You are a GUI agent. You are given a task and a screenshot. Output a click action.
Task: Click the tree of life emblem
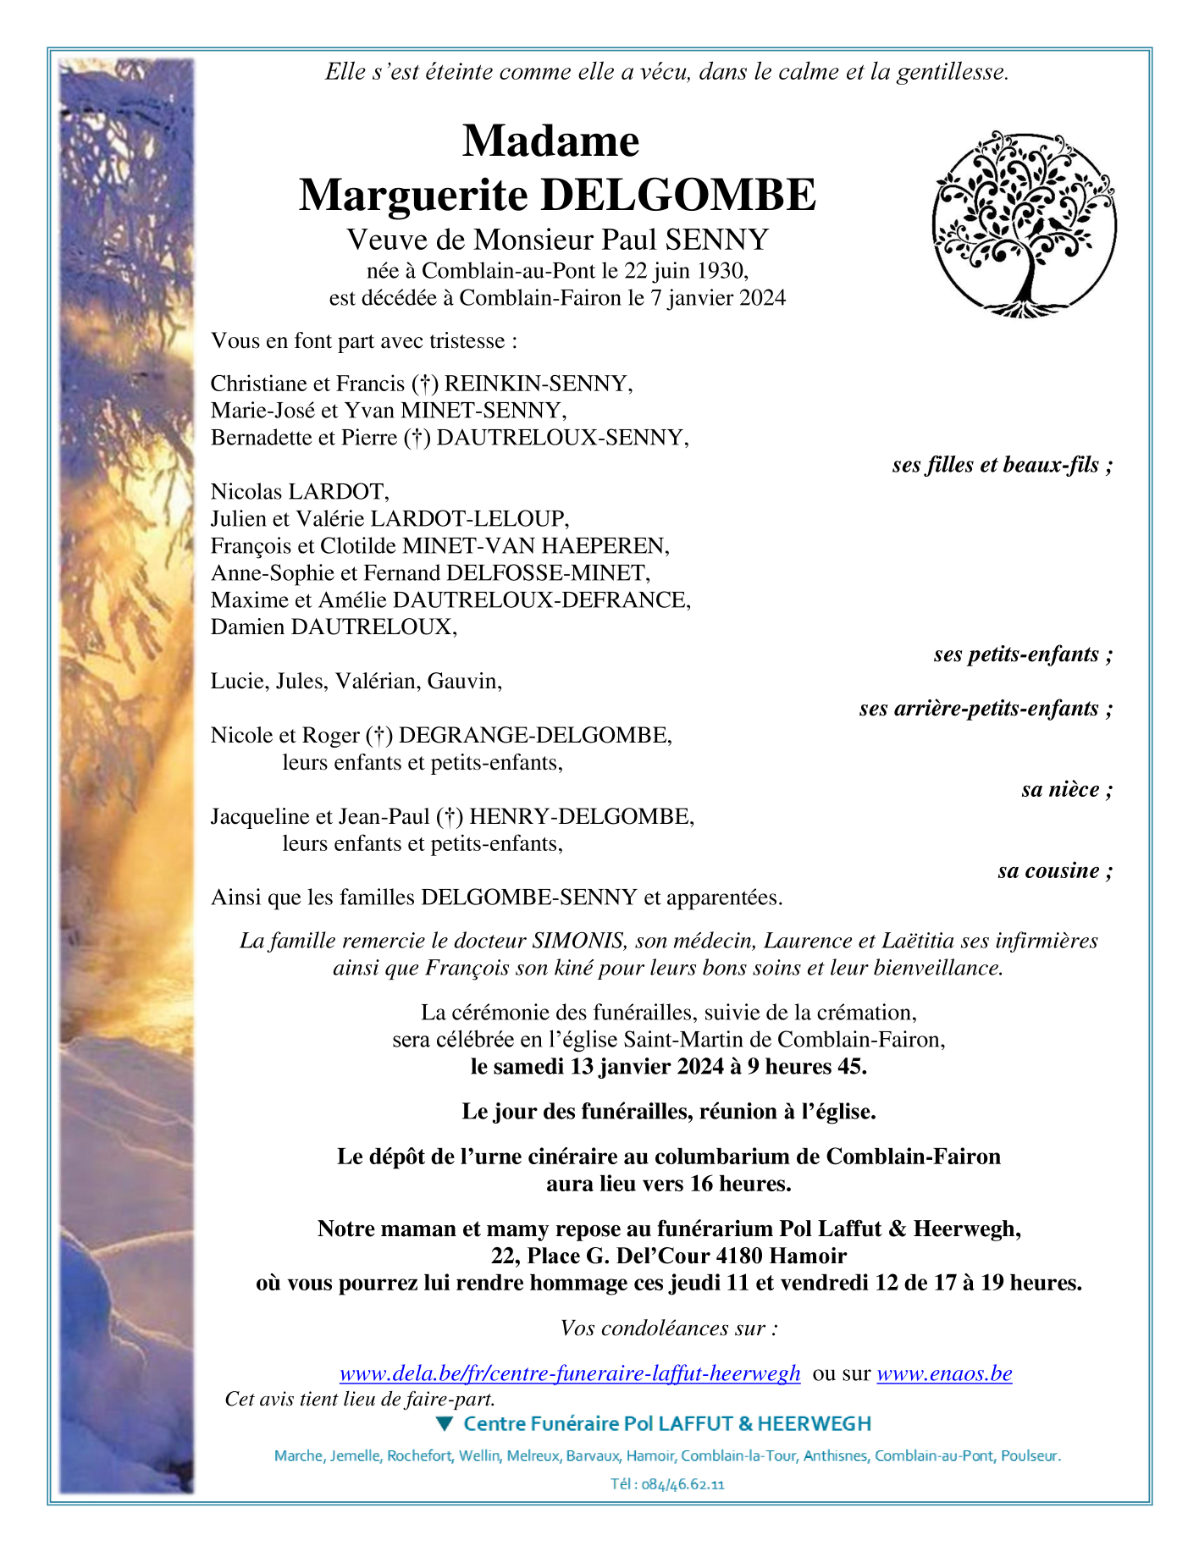1024,224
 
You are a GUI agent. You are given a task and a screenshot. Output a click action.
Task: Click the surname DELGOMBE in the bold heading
678,195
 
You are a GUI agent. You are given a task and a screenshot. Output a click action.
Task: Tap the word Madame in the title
550,141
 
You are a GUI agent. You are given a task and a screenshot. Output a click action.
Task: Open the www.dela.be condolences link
570,1373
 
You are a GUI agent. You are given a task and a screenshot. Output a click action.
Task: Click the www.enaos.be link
944,1373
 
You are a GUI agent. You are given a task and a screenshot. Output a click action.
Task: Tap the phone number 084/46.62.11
682,1484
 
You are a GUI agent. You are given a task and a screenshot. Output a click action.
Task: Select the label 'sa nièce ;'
1067,790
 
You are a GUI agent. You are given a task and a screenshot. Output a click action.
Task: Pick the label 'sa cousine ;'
1055,871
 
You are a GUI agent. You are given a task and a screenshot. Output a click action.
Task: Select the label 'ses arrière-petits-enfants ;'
986,709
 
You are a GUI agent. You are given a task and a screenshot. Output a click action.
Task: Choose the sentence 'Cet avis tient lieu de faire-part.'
360,1399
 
